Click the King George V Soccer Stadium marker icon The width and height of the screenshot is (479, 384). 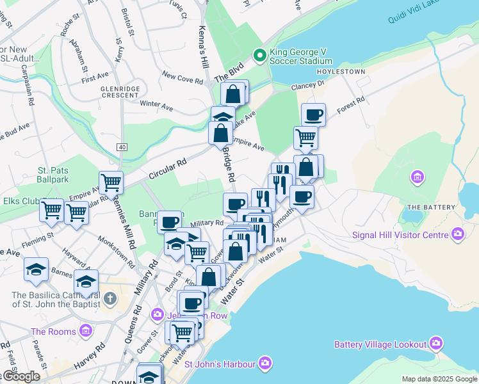pos(259,56)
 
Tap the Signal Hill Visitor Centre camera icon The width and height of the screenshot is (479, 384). pos(457,234)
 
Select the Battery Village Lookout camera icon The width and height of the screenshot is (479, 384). pos(436,344)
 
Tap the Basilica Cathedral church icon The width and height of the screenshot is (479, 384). pos(110,298)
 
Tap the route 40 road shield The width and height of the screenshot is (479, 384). pos(121,147)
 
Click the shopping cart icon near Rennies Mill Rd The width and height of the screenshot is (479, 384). pos(111,182)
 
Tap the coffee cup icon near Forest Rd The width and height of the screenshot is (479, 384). pos(313,115)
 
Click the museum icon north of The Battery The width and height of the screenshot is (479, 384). pos(418,177)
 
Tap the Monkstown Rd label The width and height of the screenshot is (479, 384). pos(116,251)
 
